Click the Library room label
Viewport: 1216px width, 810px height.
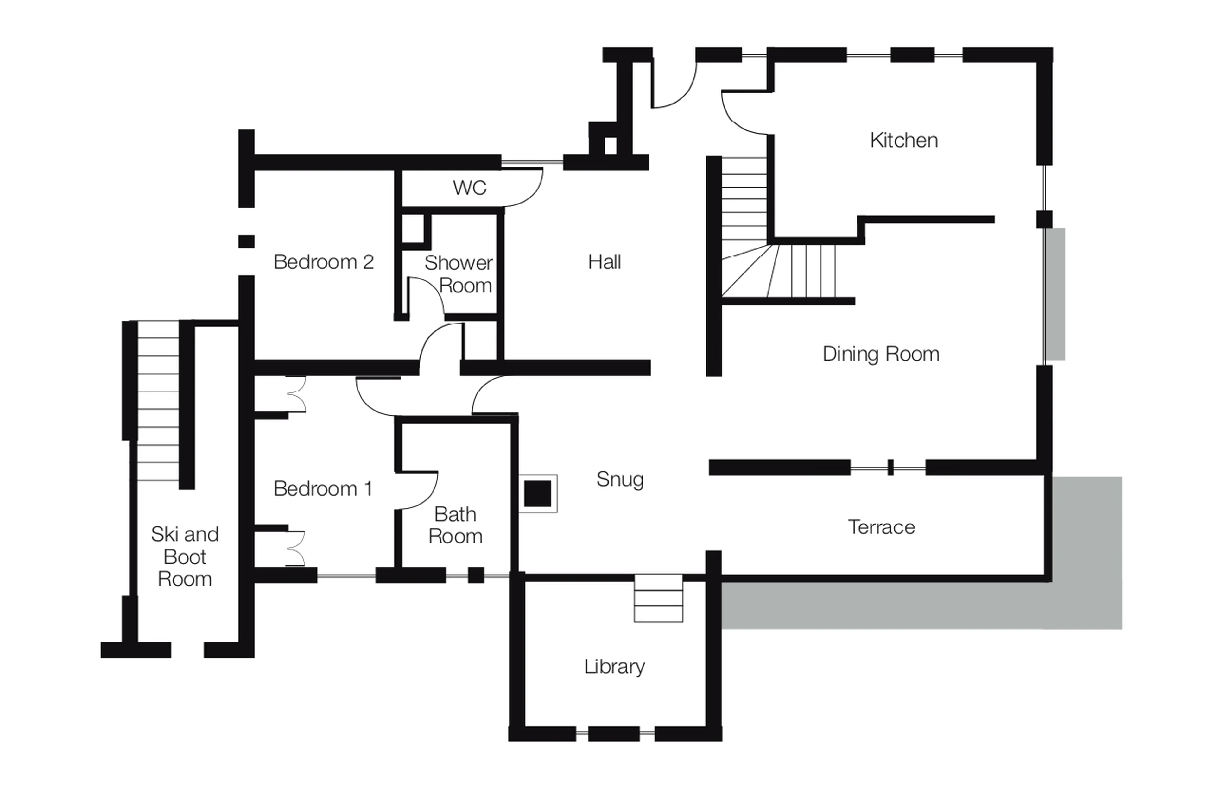tap(614, 666)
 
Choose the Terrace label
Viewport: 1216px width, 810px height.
tap(881, 527)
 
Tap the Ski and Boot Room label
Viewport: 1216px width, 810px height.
tap(185, 557)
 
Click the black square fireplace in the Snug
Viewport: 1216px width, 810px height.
tap(537, 493)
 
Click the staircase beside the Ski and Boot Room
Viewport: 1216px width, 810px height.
tap(158, 401)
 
